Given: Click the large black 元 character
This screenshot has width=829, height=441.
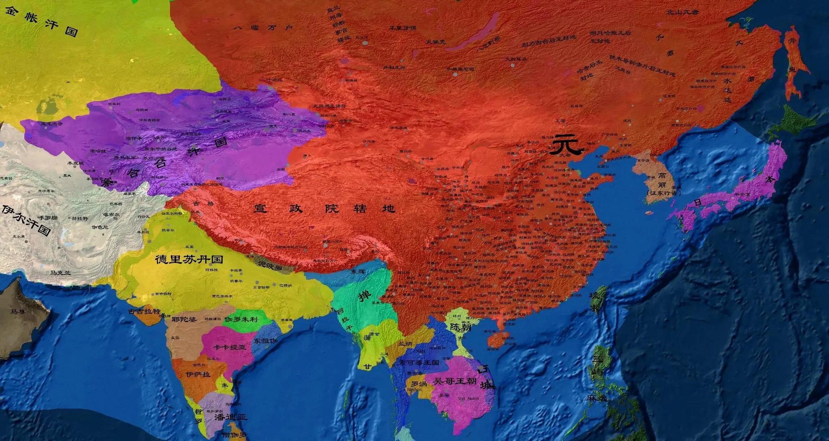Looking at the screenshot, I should tap(565, 145).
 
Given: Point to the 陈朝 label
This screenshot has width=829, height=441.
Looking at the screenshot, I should tap(460, 327).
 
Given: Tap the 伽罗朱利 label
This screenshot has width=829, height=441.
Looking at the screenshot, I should tap(241, 319).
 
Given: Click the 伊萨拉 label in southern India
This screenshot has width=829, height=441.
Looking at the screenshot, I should tap(198, 374).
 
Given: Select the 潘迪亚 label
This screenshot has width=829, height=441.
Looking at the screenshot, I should tap(230, 417).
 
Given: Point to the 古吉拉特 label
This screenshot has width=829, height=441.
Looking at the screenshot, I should tap(144, 311).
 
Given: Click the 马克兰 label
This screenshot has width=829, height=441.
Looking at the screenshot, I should tap(60, 273).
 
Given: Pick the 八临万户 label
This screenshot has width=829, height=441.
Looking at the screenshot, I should tap(263, 28).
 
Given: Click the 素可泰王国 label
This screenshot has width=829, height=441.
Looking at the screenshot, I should tap(418, 362).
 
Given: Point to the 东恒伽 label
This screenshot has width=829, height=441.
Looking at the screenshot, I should tap(266, 341).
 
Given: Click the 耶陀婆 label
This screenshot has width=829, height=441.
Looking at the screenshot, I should tap(184, 319).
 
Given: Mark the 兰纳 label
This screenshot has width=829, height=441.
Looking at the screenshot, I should tap(405, 344).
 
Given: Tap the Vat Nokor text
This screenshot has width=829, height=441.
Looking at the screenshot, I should tap(469, 399).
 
